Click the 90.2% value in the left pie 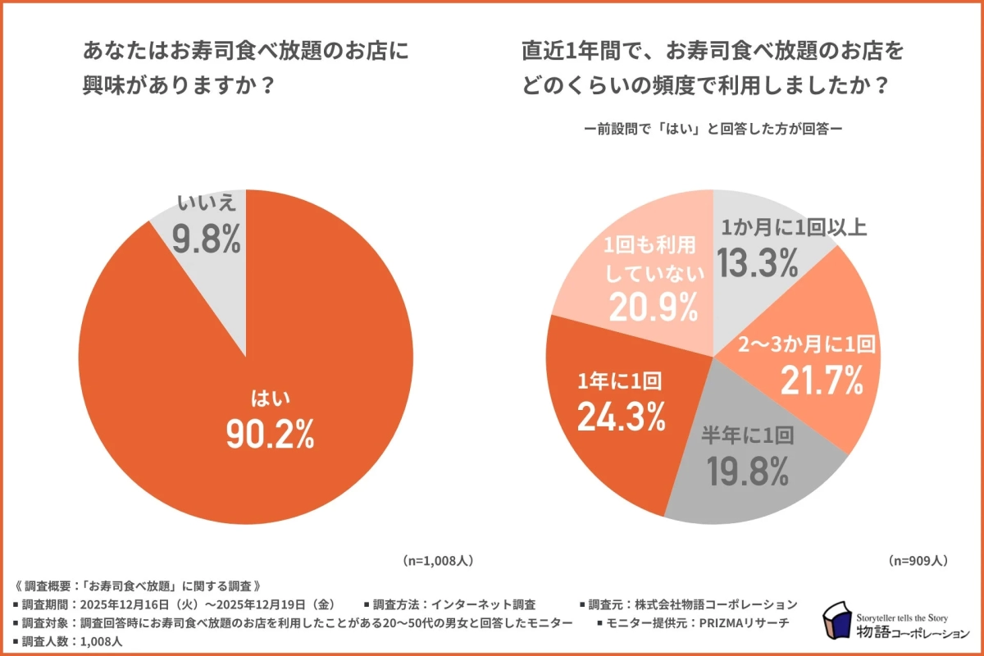[x=270, y=435]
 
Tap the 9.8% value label [x=206, y=239]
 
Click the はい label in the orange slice [x=270, y=399]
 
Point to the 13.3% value [x=758, y=263]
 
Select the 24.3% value [x=620, y=417]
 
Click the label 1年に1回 [x=620, y=380]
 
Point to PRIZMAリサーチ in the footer [x=743, y=623]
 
